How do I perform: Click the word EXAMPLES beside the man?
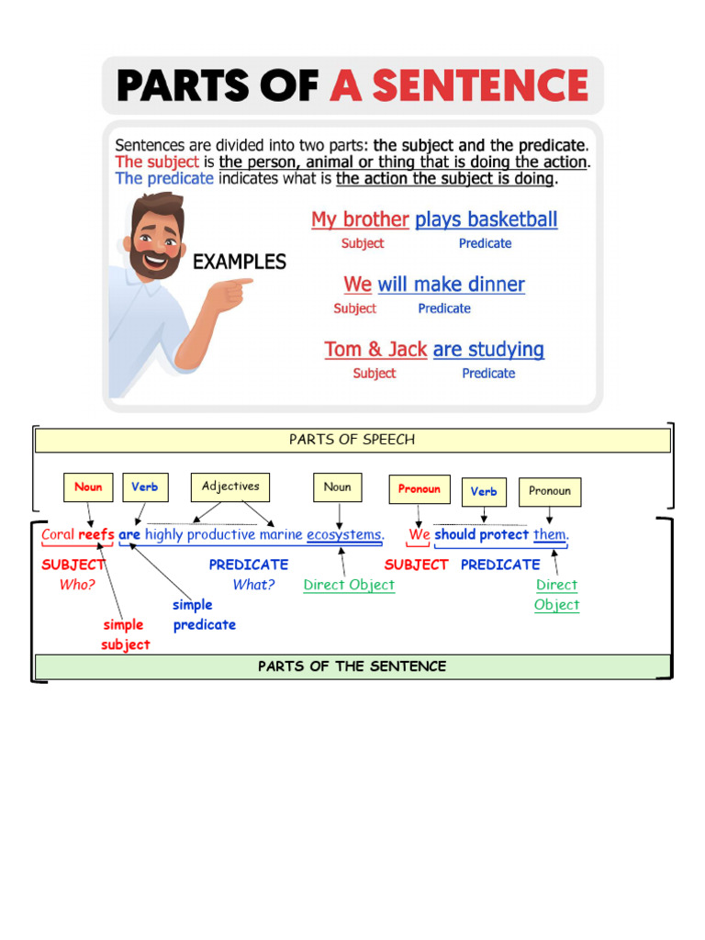tap(239, 262)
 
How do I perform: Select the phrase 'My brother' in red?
tap(359, 219)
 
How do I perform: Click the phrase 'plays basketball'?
tap(486, 219)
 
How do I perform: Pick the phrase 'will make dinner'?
tap(451, 285)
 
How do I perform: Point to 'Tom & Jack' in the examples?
tap(375, 350)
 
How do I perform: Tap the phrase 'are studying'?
tap(488, 350)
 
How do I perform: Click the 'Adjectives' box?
tap(230, 487)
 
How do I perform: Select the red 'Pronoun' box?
tap(420, 489)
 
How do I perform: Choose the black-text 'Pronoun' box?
tap(550, 491)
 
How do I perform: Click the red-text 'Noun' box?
tap(88, 487)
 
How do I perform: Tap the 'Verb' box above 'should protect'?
tap(484, 492)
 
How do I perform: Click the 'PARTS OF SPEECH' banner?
tap(352, 440)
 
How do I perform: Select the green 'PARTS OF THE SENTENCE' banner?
tap(352, 666)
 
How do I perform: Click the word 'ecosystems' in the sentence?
tap(344, 534)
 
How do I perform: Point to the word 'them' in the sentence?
tap(550, 534)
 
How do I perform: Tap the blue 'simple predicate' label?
tap(204, 615)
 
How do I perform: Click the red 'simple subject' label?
tap(125, 634)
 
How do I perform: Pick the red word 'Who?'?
tap(77, 585)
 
